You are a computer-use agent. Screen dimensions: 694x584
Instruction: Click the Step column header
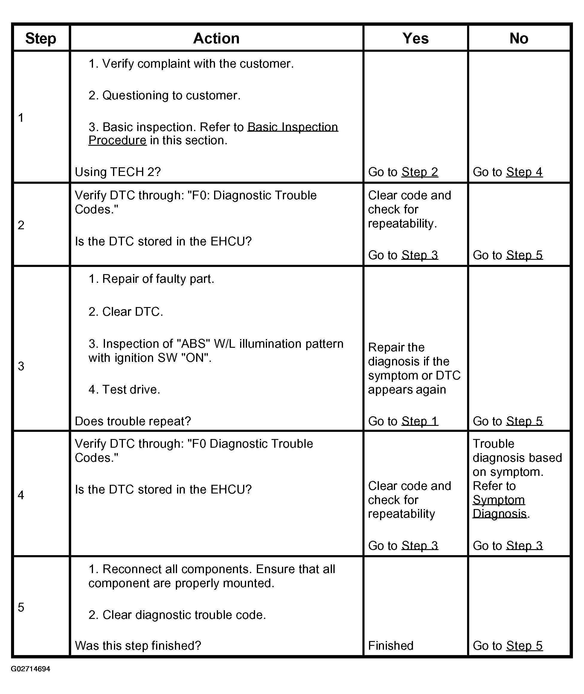(41, 38)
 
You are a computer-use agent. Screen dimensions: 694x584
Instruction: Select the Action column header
(216, 38)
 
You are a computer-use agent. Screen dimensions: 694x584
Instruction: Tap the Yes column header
(415, 38)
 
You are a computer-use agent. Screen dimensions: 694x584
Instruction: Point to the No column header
(519, 38)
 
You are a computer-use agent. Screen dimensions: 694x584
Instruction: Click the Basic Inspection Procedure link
(292, 127)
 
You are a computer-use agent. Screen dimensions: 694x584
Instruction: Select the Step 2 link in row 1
(420, 172)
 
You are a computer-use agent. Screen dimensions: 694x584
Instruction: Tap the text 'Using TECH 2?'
(118, 172)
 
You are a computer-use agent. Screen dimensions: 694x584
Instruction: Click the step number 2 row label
(21, 225)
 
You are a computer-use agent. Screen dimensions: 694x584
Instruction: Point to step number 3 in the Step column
(21, 366)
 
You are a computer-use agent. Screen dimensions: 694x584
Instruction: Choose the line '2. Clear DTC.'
(126, 312)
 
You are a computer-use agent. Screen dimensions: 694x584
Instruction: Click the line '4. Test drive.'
(124, 390)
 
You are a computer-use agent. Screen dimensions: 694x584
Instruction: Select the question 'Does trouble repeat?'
(133, 421)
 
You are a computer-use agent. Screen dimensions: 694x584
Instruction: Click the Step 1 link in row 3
(420, 421)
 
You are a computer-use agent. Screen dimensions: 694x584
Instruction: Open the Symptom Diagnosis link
(498, 507)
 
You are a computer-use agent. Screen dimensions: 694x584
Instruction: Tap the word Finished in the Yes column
(391, 646)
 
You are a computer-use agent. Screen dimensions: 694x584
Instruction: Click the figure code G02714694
(31, 669)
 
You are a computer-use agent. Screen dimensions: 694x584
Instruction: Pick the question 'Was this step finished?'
(138, 646)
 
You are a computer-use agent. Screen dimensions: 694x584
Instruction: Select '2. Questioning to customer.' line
(164, 95)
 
